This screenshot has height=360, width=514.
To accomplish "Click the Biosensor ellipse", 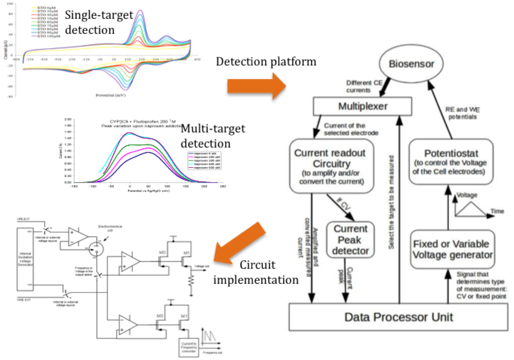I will [411, 64].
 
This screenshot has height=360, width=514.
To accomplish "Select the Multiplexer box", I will [362, 106].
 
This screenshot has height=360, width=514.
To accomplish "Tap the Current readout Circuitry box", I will [331, 166].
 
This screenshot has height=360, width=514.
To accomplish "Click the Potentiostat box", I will [451, 162].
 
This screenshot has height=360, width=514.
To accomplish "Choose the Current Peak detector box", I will [350, 240].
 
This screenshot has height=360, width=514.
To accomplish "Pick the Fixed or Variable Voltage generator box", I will [452, 250].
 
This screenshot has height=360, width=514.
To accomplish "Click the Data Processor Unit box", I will [398, 317].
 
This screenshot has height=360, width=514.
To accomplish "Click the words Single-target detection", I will [99, 22].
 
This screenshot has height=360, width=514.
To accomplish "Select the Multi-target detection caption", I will [213, 136].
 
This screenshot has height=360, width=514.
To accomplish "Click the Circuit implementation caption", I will [256, 272].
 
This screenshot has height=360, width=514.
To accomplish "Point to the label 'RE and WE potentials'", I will [462, 113].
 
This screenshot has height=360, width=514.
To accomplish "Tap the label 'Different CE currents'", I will [364, 87].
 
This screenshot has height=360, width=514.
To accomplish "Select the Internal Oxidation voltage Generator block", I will [25, 259].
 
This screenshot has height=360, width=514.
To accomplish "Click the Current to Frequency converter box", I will [189, 347].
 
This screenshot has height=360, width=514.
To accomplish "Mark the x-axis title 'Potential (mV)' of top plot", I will [110, 95].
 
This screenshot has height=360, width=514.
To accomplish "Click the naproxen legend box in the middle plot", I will [204, 160].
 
